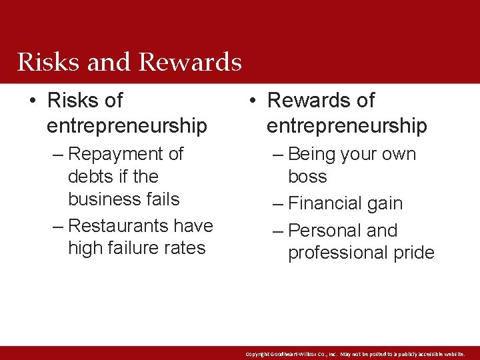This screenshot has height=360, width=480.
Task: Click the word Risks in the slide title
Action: (x=47, y=62)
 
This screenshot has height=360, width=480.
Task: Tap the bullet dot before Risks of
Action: (x=32, y=101)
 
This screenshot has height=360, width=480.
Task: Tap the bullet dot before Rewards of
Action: (x=251, y=101)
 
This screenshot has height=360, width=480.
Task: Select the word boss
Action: (x=307, y=177)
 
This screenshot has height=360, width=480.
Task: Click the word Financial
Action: (x=327, y=203)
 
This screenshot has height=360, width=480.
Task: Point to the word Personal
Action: (x=325, y=231)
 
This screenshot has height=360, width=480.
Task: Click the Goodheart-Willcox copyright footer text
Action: (x=355, y=354)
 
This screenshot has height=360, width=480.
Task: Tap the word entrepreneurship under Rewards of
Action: (x=347, y=125)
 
